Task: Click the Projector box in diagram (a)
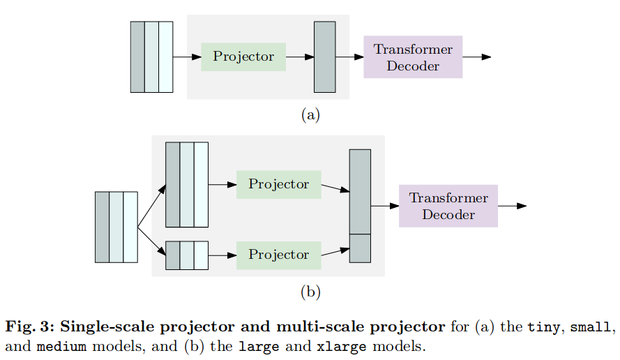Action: coord(243,57)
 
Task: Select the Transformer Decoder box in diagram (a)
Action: coord(413,57)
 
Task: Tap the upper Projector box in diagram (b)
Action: coord(278,184)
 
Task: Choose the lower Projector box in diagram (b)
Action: coord(278,255)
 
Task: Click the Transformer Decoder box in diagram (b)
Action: coord(448,206)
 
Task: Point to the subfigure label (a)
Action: coord(310,115)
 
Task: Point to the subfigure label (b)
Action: coord(310,292)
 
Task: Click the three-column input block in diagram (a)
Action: coord(151,57)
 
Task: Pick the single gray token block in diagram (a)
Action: coord(324,57)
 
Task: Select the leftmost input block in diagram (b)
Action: coord(116,226)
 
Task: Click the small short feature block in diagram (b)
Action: coord(187,255)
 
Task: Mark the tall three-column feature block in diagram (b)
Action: coord(187,184)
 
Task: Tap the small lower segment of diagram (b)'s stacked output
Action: coord(360,248)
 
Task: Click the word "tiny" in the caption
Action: coord(542,327)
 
